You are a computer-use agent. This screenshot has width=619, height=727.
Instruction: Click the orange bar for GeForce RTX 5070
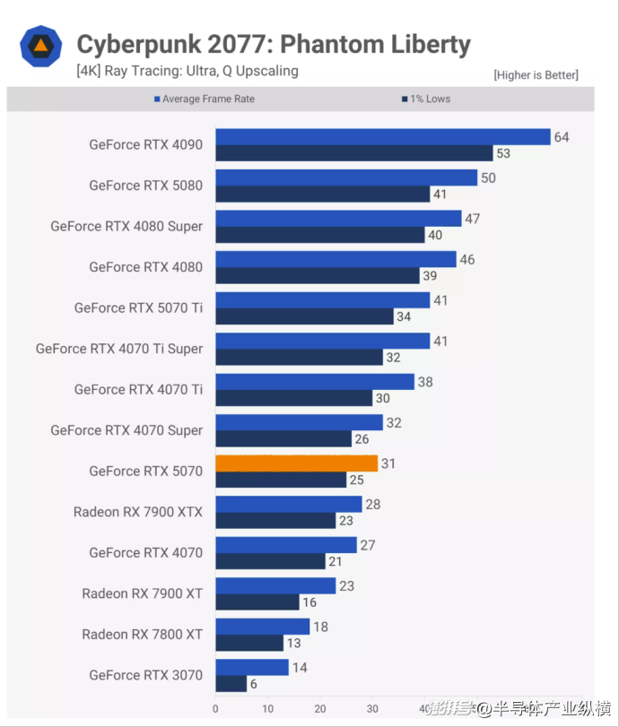tap(296, 463)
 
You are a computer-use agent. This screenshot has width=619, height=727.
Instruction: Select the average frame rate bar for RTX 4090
tap(382, 137)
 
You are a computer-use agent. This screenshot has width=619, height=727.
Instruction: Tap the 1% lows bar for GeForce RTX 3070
tap(231, 683)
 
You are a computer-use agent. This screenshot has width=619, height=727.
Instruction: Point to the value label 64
tap(562, 137)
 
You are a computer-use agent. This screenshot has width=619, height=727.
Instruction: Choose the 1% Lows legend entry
tap(426, 99)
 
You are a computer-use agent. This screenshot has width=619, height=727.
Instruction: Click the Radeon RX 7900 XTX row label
tap(138, 512)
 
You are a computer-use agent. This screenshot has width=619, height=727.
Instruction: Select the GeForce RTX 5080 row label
tap(145, 186)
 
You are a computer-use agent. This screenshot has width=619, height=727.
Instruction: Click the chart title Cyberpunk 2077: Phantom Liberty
tap(274, 44)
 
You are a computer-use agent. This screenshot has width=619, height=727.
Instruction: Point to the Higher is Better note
tap(536, 75)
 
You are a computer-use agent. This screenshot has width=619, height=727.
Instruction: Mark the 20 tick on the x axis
tap(320, 708)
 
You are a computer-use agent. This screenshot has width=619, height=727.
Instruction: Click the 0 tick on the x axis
tap(215, 708)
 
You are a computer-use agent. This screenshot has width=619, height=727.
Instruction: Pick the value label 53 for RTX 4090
tap(503, 153)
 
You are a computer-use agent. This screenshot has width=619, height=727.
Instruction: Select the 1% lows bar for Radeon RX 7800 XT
tap(249, 643)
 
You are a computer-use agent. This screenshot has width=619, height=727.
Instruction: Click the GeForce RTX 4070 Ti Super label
tap(119, 349)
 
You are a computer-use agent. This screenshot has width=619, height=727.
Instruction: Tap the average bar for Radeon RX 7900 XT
tap(275, 585)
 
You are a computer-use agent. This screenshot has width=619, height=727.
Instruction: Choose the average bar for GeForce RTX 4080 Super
tap(338, 219)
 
